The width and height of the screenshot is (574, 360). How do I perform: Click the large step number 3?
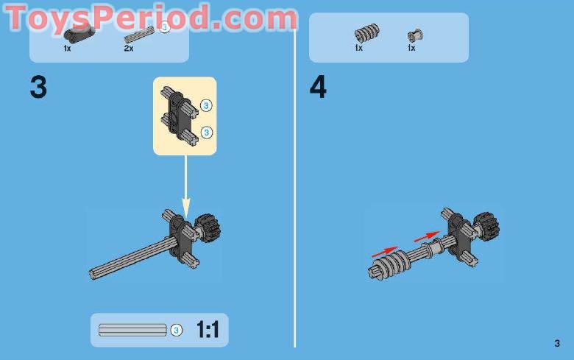tap(38, 88)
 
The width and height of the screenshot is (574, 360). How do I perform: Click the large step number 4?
tap(318, 88)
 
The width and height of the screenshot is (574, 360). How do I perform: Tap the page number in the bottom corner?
tap(557, 343)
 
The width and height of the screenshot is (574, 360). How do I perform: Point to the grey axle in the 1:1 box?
tap(132, 331)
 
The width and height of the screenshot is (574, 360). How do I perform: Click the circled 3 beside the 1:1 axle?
tap(177, 331)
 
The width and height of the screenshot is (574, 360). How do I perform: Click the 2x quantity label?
tap(129, 48)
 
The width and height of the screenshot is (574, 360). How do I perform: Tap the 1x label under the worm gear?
tap(359, 48)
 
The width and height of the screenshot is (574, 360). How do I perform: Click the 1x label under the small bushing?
tap(411, 48)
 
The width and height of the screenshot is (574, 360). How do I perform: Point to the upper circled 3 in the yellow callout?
tap(206, 106)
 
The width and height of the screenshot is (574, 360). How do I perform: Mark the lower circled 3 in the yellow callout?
tap(206, 133)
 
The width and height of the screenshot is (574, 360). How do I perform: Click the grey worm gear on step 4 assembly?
tap(391, 264)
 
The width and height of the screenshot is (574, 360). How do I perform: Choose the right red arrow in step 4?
tap(428, 236)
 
